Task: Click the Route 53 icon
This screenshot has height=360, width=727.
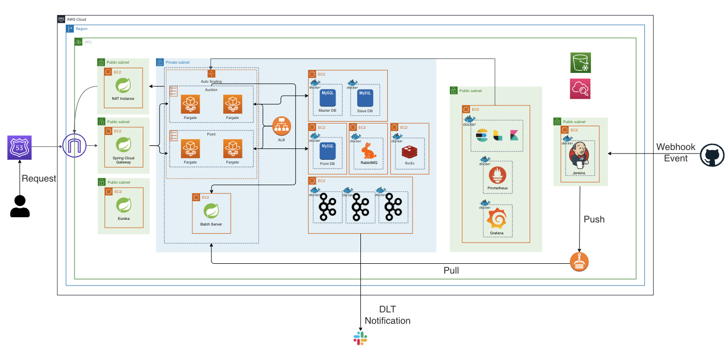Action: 19,147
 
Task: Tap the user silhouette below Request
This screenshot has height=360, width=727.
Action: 20,206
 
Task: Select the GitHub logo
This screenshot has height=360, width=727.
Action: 712,156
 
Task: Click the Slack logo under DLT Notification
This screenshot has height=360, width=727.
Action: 360,338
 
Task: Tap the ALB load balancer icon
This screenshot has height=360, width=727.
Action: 282,127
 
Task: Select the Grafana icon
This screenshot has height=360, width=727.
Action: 496,219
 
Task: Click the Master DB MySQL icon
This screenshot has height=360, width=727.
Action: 327,98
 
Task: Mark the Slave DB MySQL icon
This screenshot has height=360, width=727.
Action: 365,98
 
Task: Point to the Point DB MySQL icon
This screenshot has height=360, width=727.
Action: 328,151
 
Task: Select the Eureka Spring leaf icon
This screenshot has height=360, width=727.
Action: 123,205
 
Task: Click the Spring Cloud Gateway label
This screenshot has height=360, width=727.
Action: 123,159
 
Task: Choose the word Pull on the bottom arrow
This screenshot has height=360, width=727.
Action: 451,271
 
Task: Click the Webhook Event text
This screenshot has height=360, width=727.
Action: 676,153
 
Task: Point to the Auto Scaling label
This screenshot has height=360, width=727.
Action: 211,82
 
